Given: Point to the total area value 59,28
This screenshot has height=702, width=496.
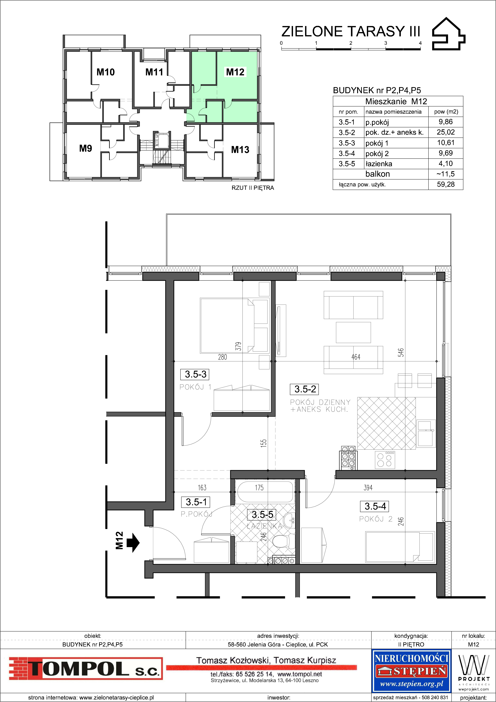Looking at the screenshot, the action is click(x=446, y=184).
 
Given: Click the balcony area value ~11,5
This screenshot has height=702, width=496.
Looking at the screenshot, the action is click(x=446, y=174).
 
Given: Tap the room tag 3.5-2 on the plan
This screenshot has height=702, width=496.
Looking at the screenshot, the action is click(x=305, y=389).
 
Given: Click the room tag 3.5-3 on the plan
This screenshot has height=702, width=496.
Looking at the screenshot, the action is click(x=196, y=374).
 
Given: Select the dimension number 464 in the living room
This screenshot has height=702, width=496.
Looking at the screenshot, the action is click(x=356, y=357).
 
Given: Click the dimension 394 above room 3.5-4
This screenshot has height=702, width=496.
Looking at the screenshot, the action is click(x=368, y=488).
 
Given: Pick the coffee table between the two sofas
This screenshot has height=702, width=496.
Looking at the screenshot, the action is click(x=353, y=332).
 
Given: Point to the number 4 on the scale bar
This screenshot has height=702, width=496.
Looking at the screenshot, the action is click(x=420, y=43).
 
